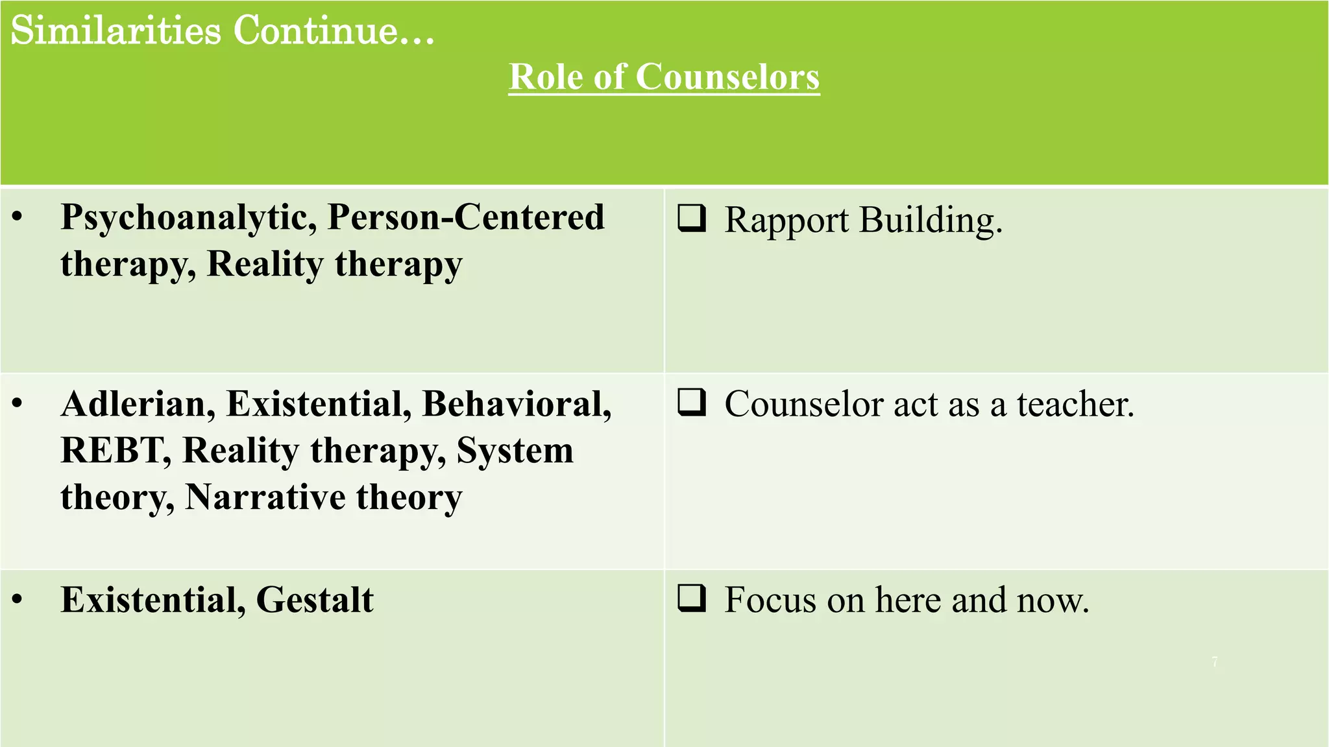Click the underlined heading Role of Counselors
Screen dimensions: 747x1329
coord(664,77)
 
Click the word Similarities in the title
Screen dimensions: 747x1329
coord(116,30)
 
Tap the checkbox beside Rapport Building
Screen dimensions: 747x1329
coord(692,219)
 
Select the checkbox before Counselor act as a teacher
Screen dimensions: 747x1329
coord(692,402)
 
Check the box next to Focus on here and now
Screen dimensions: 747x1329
coord(692,598)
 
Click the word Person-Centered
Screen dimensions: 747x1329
coord(466,217)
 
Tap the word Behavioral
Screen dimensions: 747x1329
coord(517,403)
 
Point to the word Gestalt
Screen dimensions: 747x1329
coord(315,600)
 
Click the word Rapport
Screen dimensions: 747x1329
coord(786,220)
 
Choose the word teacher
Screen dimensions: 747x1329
coord(1075,404)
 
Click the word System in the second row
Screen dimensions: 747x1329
coord(515,450)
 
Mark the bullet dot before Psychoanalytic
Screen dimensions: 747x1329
coord(18,217)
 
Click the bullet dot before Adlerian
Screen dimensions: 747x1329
coord(18,403)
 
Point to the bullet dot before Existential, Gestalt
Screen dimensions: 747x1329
coord(18,600)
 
